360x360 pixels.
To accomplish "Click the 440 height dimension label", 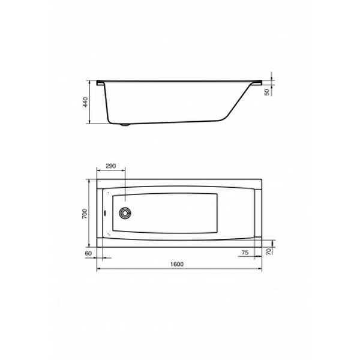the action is (x=85, y=102).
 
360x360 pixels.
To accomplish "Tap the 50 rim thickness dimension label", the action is (x=267, y=92).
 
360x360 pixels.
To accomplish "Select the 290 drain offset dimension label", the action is (x=110, y=166).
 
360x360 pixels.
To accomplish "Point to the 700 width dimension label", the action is (x=85, y=214).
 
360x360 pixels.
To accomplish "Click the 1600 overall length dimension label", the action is (x=177, y=264).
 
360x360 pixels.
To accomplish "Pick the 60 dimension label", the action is (x=88, y=253).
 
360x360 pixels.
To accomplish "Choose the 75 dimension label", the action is (x=245, y=253).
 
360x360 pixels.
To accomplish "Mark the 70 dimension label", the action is (x=269, y=251).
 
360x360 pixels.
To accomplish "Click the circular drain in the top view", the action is (x=125, y=213).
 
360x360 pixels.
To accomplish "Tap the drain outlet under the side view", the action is (x=125, y=125).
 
